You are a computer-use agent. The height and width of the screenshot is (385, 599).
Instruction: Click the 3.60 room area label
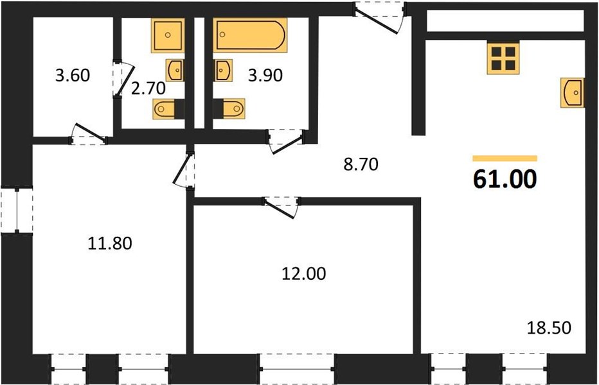coord(73,75)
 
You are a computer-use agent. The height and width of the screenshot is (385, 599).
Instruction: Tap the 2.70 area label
coord(148,89)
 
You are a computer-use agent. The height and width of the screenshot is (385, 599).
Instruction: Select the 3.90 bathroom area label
coord(265,75)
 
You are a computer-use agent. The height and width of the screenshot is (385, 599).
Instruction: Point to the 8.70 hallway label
coord(361,164)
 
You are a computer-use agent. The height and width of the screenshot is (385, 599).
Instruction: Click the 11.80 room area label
coord(110,243)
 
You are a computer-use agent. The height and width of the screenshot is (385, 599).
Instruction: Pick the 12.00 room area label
coord(304,273)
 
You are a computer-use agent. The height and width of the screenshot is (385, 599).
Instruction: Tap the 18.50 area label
coord(549,328)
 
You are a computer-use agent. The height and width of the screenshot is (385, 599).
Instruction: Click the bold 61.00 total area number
coord(505,179)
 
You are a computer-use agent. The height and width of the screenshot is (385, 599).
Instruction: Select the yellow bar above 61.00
coord(505,158)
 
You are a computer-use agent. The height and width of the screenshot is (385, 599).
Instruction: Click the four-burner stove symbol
coord(503,58)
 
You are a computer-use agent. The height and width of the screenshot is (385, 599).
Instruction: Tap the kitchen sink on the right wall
coord(573,92)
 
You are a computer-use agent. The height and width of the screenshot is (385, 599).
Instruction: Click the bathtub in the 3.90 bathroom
coord(250,35)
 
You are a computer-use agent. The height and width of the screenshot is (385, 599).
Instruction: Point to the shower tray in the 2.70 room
coord(168,35)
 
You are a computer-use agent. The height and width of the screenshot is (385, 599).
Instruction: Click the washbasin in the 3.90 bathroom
coord(223,71)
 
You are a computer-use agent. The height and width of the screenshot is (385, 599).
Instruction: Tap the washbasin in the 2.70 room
coord(175,70)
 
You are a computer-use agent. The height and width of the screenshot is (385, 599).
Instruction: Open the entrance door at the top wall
coord(380,17)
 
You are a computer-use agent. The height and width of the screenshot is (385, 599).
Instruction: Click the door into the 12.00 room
coord(282,207)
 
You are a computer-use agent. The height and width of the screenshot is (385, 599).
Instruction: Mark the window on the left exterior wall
coord(17,210)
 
